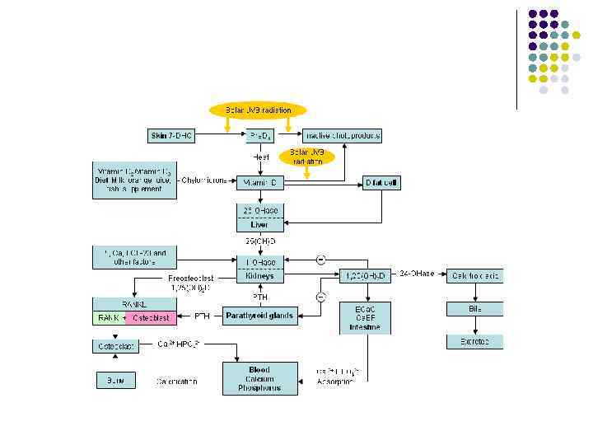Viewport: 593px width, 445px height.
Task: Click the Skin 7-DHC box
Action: click(171, 134)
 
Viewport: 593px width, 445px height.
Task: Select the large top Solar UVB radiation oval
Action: click(258, 110)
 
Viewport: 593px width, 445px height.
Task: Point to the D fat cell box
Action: click(382, 183)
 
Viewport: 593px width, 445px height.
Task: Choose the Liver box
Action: click(259, 218)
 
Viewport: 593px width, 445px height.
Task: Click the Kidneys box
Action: click(259, 269)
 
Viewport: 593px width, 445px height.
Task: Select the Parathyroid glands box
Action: click(259, 316)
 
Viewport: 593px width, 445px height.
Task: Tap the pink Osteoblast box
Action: click(150, 316)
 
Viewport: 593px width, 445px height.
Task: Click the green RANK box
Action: click(109, 316)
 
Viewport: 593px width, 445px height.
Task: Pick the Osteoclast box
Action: click(111, 346)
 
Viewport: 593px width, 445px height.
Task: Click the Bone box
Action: click(110, 382)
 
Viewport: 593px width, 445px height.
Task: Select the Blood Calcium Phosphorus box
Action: click(259, 378)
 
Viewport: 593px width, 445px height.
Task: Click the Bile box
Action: click(474, 309)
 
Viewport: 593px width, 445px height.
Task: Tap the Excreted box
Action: click(474, 340)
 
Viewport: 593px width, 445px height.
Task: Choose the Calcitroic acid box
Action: click(474, 275)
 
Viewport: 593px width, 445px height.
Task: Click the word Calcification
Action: click(176, 382)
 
